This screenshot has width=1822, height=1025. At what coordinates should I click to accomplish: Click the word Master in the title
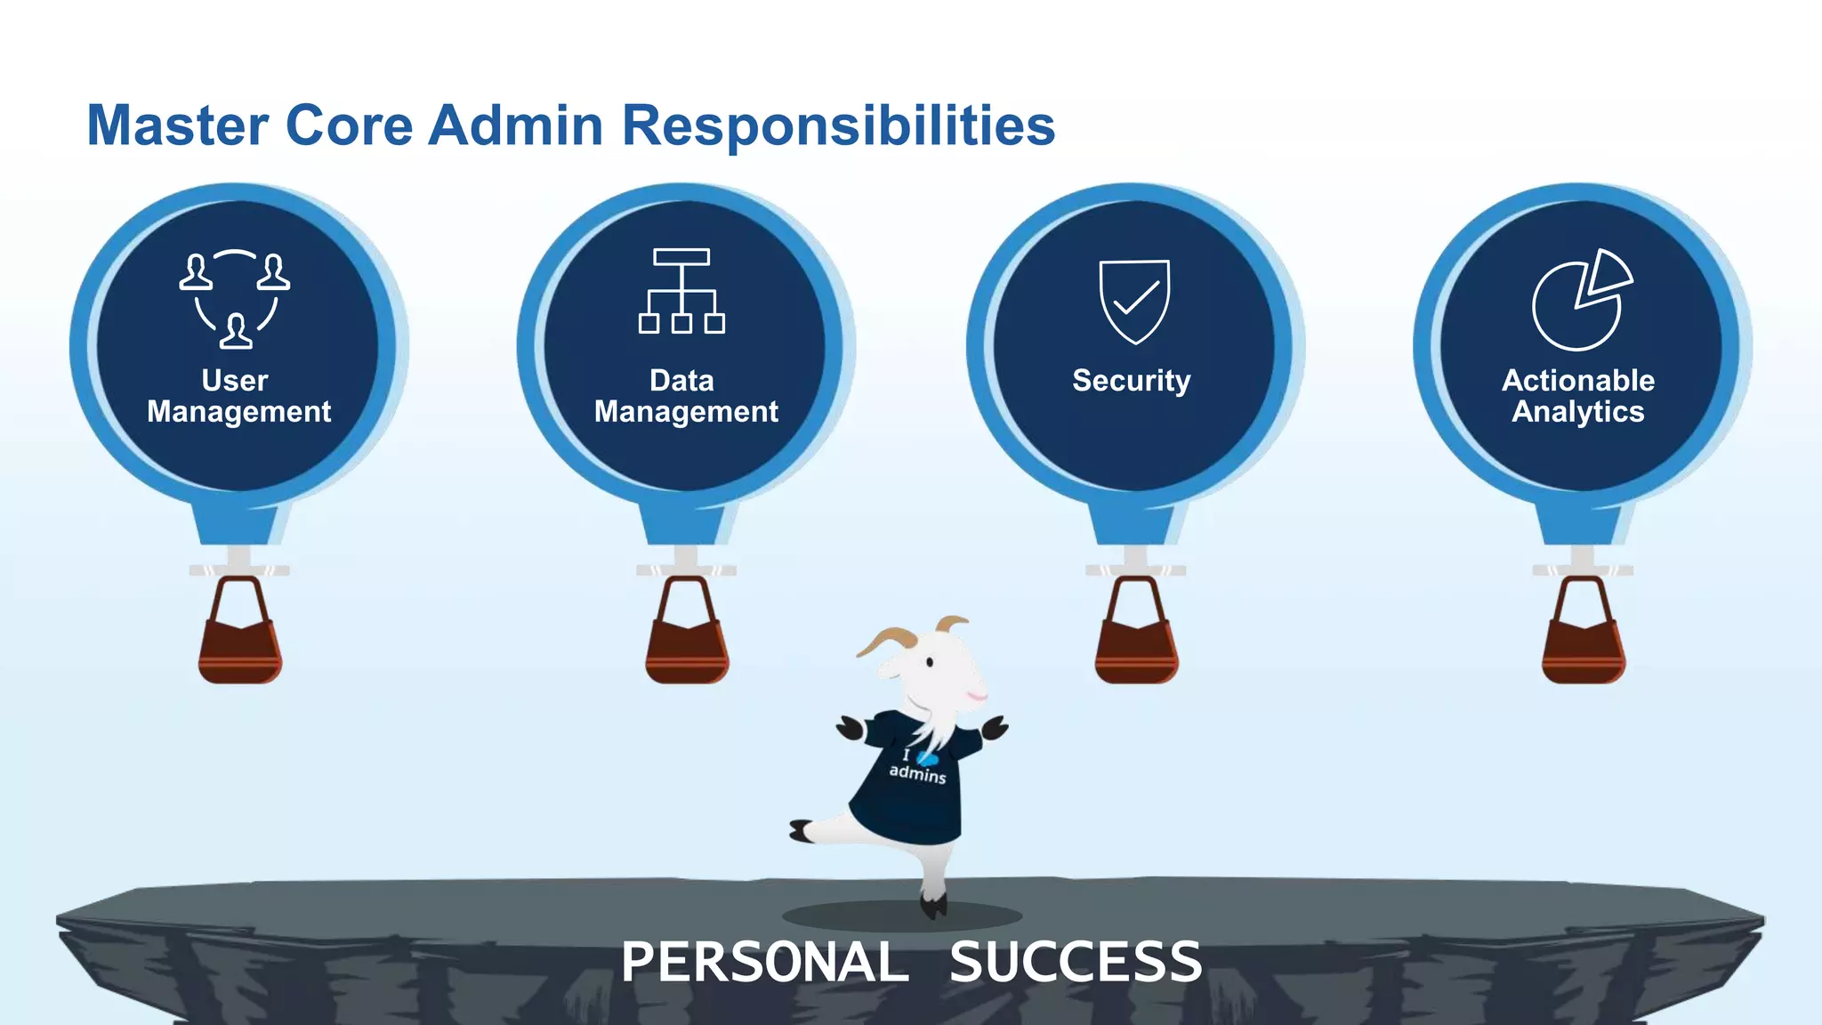[177, 125]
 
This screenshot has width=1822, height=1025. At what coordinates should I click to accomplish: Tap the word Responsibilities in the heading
[838, 125]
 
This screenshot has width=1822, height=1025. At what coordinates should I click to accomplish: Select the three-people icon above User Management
[235, 299]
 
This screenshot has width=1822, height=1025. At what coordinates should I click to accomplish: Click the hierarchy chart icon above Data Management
[681, 291]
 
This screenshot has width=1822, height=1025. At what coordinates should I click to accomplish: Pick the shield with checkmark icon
[1134, 301]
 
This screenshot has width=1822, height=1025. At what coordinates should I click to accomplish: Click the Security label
[1131, 381]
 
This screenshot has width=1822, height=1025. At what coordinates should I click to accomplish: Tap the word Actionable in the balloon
[1578, 381]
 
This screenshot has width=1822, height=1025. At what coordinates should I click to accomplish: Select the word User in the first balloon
[234, 381]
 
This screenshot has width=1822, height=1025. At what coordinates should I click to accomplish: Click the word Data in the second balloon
[681, 381]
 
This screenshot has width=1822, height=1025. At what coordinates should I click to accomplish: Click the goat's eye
[930, 663]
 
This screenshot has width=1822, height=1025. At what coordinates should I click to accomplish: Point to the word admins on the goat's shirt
[917, 773]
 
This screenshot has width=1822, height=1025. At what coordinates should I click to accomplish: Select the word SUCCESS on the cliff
[1076, 963]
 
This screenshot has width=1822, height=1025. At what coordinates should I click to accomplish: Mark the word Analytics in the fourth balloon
[1578, 412]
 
